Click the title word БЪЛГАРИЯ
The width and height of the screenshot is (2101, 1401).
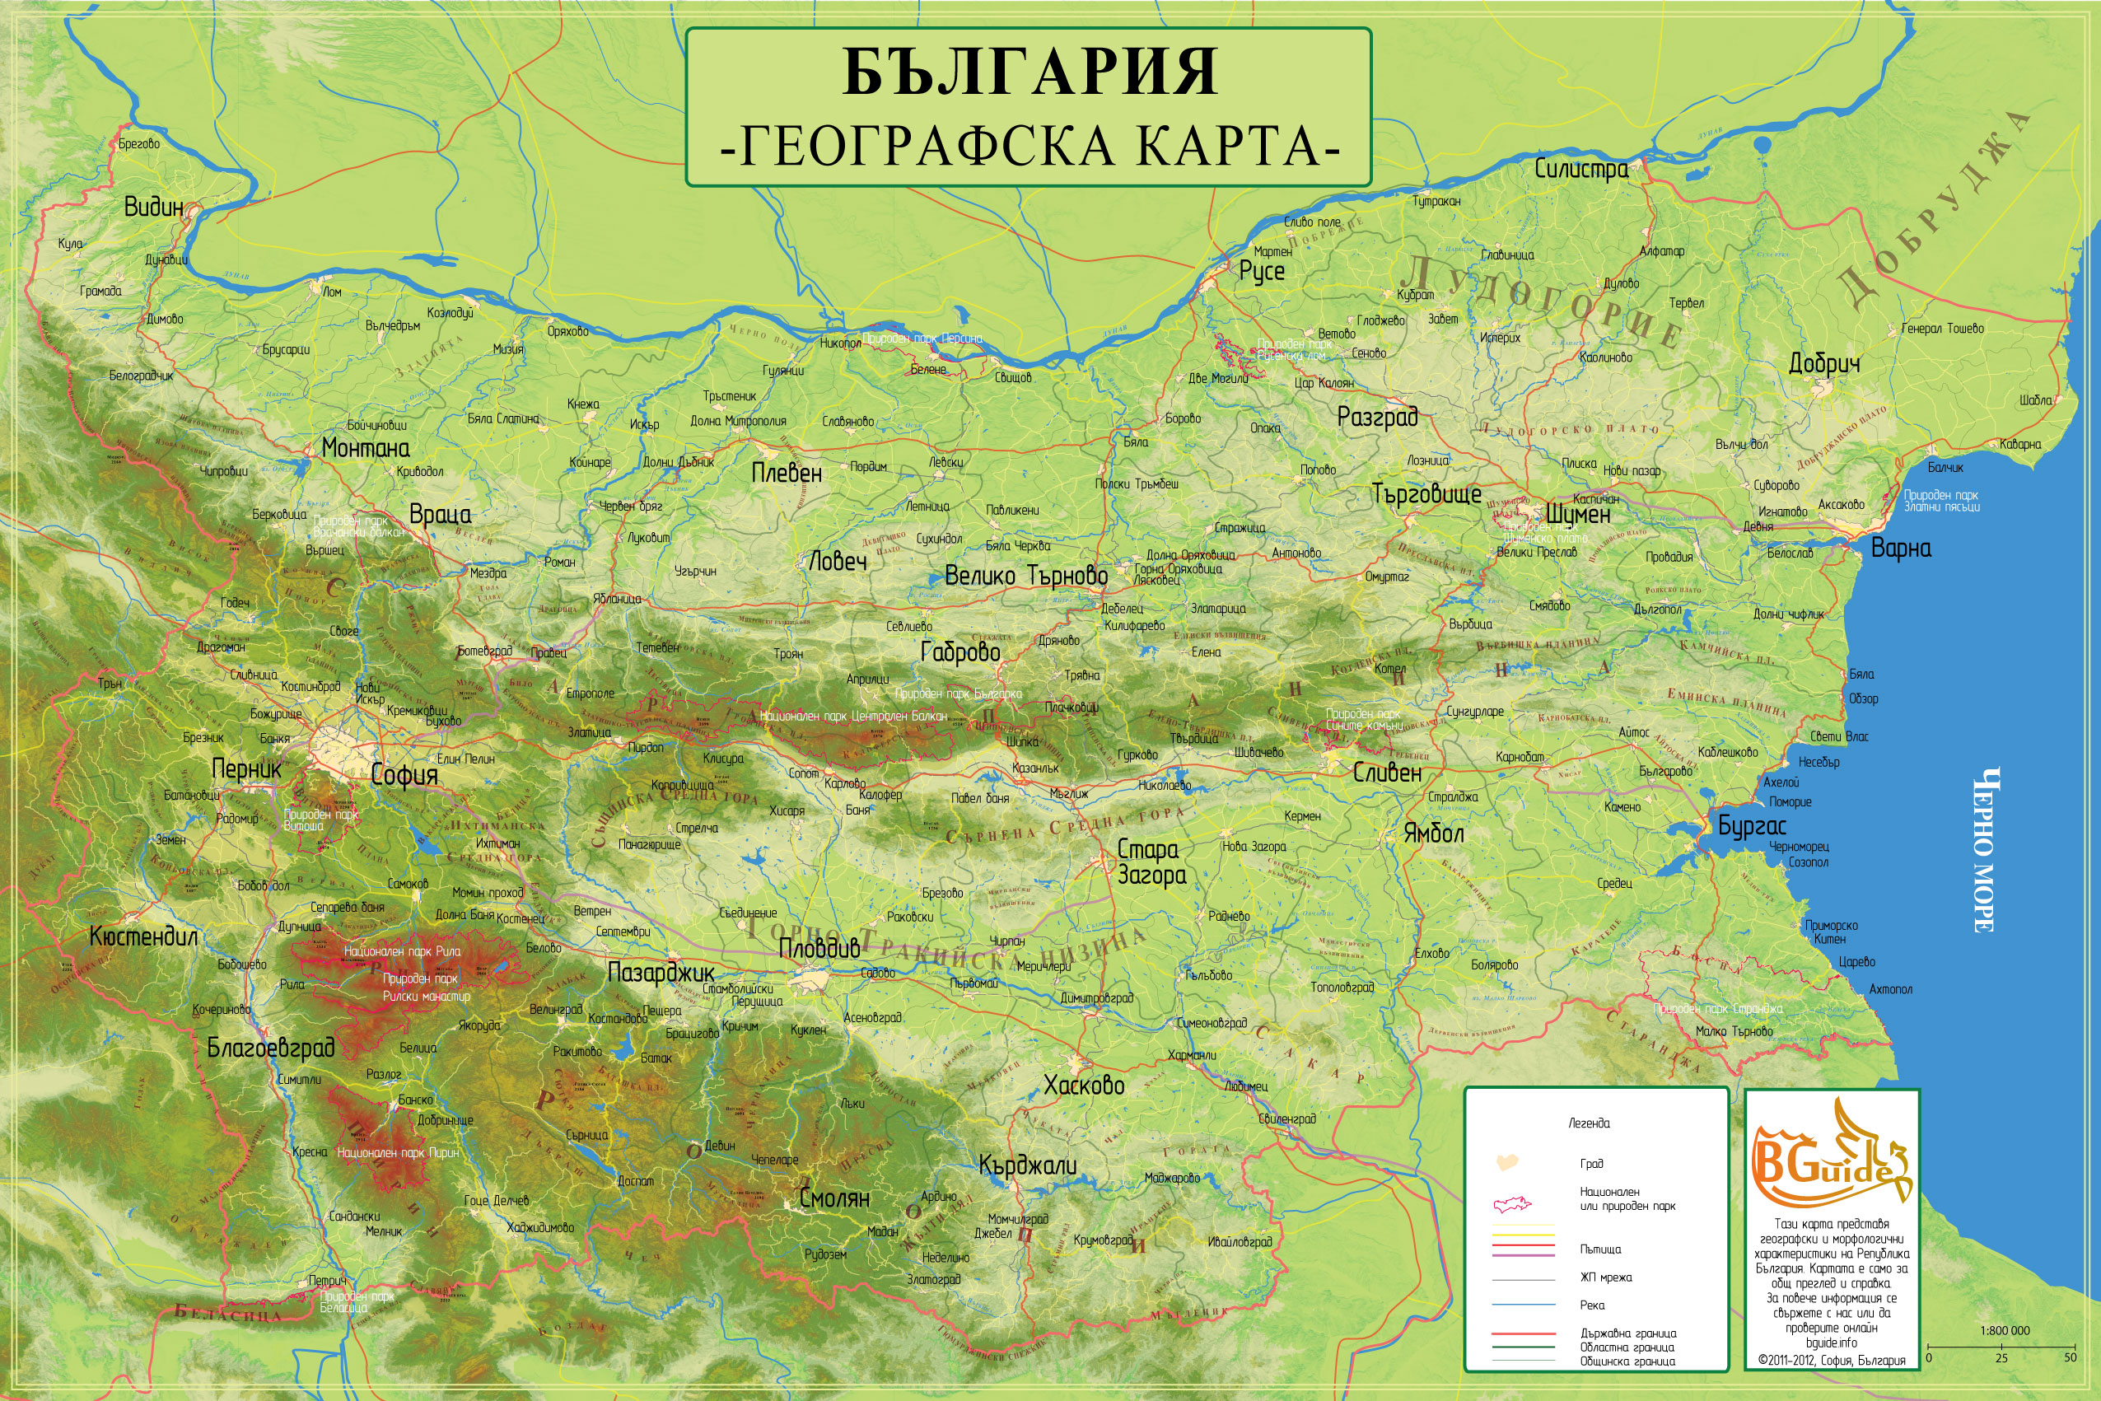pyautogui.click(x=1029, y=72)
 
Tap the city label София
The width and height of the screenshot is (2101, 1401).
pyautogui.click(x=404, y=775)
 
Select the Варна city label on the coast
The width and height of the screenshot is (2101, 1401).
pyautogui.click(x=1901, y=548)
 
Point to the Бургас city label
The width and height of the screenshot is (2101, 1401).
pyautogui.click(x=1752, y=826)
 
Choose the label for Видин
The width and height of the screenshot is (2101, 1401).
pyautogui.click(x=154, y=208)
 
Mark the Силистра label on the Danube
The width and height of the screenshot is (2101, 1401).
pyautogui.click(x=1581, y=168)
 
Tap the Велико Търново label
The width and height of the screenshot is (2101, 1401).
pyautogui.click(x=1025, y=577)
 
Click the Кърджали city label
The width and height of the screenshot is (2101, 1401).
pyautogui.click(x=1027, y=1165)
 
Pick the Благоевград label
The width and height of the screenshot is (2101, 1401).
pyautogui.click(x=271, y=1047)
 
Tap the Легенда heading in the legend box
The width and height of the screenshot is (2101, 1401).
pyautogui.click(x=1590, y=1123)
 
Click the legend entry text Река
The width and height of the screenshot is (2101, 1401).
pyautogui.click(x=1592, y=1305)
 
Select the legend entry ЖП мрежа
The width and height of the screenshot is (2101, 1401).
pyautogui.click(x=1605, y=1277)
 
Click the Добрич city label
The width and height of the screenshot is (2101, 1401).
pyautogui.click(x=1824, y=364)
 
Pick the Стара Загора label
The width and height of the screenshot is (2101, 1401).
pyautogui.click(x=1151, y=862)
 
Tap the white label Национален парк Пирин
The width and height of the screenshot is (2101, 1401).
pyautogui.click(x=398, y=1152)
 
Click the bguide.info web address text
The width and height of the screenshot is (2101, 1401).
pyautogui.click(x=1830, y=1343)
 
